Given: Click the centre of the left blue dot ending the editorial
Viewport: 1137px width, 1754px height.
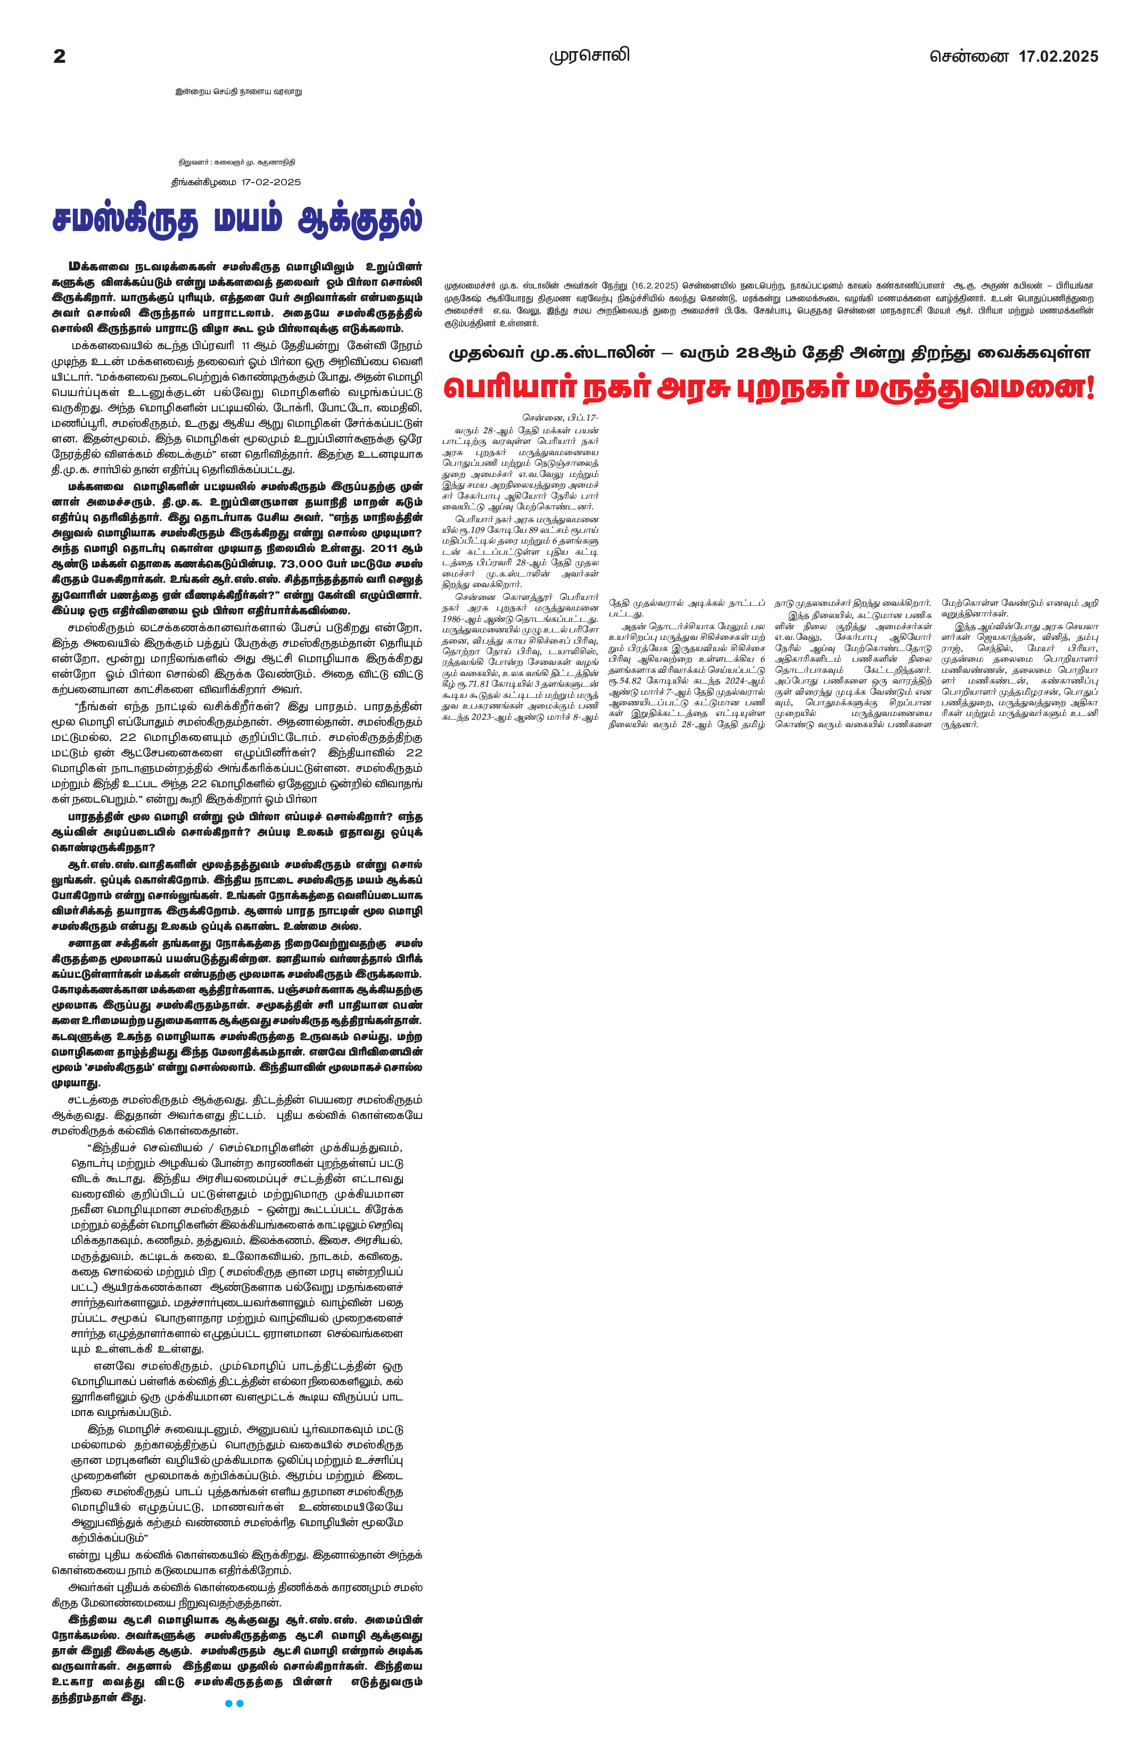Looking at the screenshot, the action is point(228,1703).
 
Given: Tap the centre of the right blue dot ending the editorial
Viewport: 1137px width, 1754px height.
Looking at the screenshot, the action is point(240,1703).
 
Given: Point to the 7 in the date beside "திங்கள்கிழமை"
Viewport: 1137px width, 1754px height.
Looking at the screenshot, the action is point(248,182).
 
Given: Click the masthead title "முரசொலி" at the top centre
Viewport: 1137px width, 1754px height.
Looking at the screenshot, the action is point(589,55).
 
